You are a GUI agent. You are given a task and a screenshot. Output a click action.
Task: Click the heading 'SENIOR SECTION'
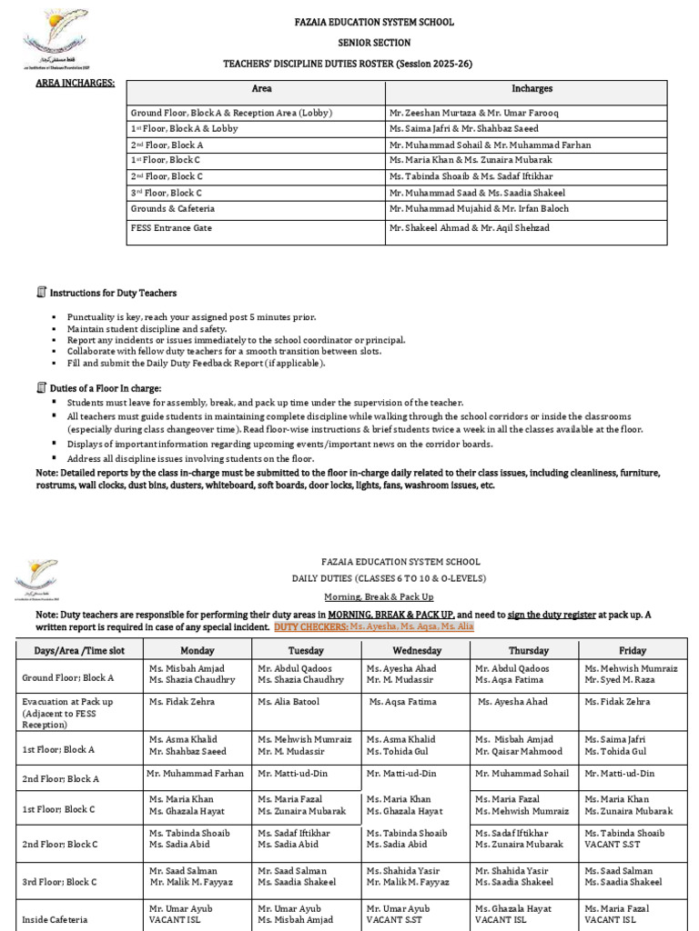coord(349,43)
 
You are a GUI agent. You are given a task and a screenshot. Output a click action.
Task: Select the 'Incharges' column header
coord(525,89)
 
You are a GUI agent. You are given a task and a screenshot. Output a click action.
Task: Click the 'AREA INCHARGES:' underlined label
coord(75,83)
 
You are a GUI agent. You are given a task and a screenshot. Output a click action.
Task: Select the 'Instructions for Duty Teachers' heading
coord(113,293)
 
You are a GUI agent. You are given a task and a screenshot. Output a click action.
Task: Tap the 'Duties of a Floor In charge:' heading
coord(105,388)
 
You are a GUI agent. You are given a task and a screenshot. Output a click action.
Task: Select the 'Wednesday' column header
coord(417,651)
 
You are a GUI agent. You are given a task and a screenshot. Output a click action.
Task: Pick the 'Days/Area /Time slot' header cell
coord(80,651)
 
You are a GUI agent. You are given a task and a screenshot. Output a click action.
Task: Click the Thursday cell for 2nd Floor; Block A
coord(524,773)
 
